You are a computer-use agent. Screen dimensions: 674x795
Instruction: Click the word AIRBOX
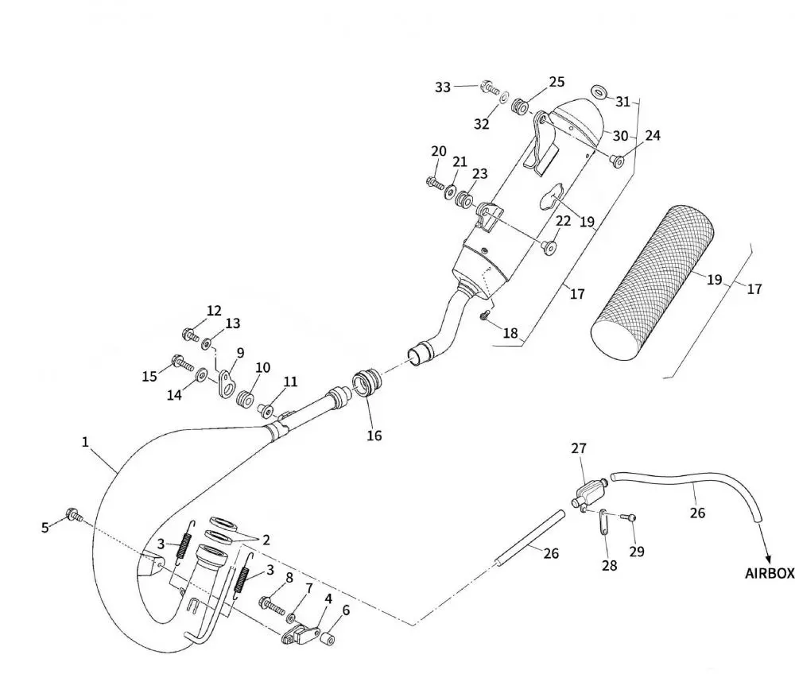click(769, 573)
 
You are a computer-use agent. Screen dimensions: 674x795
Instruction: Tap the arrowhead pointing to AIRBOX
click(766, 556)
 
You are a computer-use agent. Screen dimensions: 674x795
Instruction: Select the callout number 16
click(374, 435)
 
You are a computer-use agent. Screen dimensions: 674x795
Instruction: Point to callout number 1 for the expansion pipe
click(85, 442)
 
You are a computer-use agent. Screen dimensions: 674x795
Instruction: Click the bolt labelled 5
click(73, 515)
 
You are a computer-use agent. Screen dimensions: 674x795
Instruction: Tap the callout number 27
click(578, 449)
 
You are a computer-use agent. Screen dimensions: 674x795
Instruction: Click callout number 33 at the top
click(443, 87)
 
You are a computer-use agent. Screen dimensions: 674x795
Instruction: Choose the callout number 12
click(214, 311)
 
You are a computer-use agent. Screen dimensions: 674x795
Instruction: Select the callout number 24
click(652, 136)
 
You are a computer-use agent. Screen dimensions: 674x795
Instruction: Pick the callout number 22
click(563, 220)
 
